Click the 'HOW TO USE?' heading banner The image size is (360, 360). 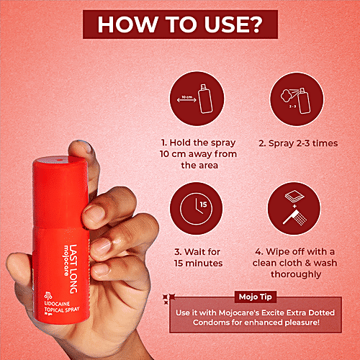click(x=179, y=23)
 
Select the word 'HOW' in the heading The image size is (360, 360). click(x=122, y=23)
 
